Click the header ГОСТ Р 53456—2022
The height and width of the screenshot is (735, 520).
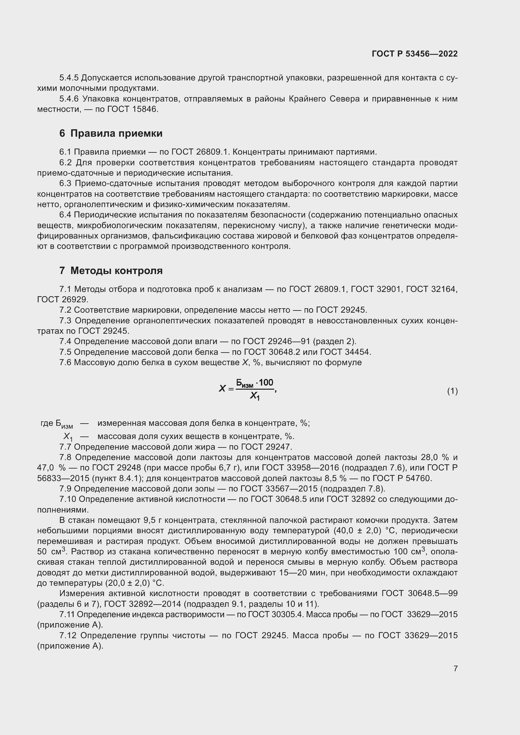coord(415,54)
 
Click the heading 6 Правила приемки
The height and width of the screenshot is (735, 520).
coord(111,133)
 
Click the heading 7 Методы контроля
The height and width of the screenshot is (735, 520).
coord(111,271)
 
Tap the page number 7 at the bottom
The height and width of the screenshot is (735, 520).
coord(455,668)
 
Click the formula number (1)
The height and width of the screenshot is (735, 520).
coord(452,391)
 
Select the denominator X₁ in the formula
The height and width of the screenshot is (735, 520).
coord(255,397)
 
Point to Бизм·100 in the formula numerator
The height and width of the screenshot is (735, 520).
coord(255,382)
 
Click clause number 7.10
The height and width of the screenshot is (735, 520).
coord(68,499)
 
